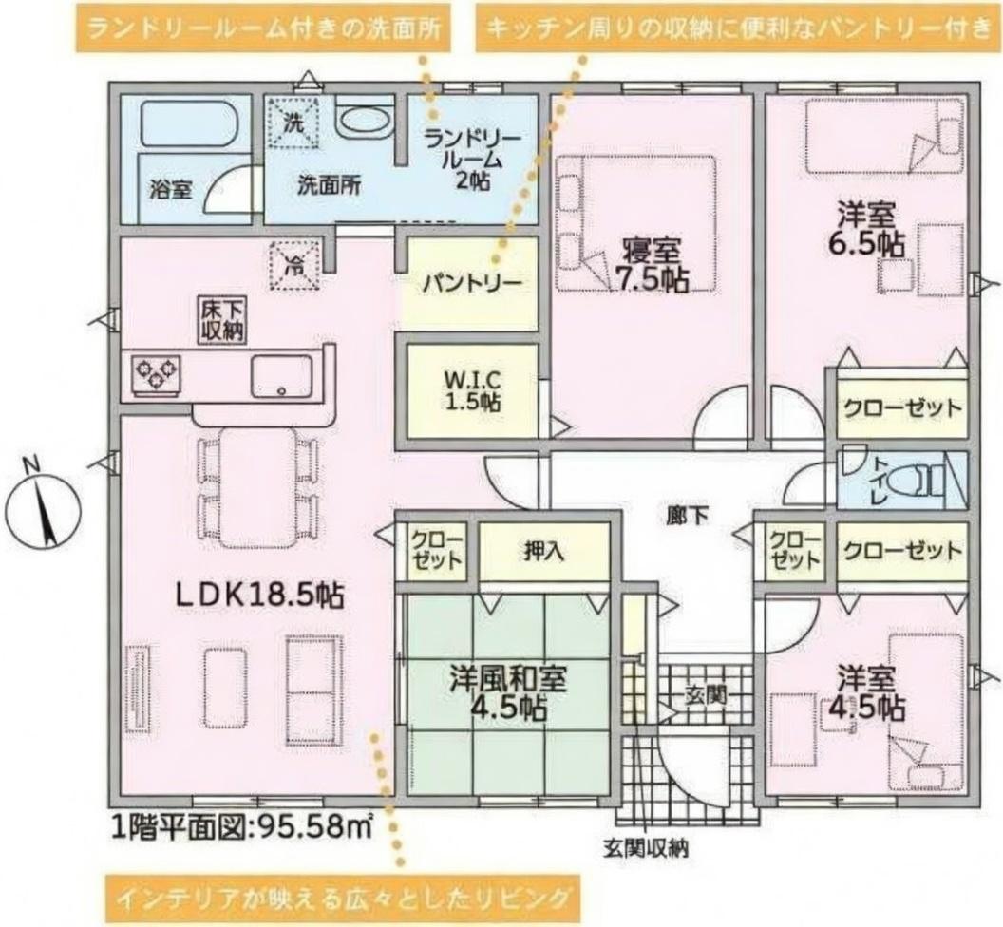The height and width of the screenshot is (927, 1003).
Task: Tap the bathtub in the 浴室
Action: pyautogui.click(x=189, y=122)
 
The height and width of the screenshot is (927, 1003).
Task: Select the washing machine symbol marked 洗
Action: pyautogui.click(x=293, y=123)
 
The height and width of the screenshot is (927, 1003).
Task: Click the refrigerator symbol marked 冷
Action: pyautogui.click(x=293, y=264)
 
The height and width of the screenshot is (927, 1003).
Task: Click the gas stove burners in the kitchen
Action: pyautogui.click(x=156, y=372)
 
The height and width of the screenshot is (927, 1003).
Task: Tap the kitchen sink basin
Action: pyautogui.click(x=281, y=375)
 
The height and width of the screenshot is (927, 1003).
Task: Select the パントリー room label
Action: pyautogui.click(x=472, y=283)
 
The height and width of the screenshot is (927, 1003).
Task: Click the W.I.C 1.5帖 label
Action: pyautogui.click(x=473, y=391)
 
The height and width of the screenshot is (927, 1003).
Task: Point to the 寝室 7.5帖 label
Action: pyautogui.click(x=652, y=264)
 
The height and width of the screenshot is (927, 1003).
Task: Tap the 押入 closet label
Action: pyautogui.click(x=543, y=551)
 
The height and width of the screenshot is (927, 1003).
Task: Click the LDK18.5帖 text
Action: pyautogui.click(x=260, y=596)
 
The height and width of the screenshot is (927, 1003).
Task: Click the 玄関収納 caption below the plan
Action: pyautogui.click(x=646, y=848)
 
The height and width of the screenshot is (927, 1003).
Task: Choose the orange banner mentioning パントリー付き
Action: pyautogui.click(x=738, y=28)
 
